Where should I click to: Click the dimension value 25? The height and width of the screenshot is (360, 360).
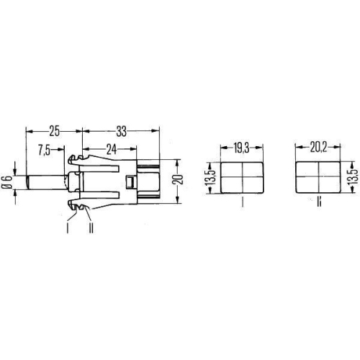[54, 131]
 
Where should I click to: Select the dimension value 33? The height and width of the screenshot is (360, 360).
[120, 131]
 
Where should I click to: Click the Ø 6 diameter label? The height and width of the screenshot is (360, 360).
[7, 183]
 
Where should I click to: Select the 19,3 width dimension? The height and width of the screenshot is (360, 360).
[241, 148]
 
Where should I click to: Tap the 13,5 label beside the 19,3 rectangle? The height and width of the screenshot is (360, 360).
[210, 176]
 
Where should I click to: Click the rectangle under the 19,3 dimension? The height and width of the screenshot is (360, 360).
[242, 176]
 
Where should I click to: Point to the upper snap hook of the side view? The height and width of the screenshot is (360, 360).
[75, 159]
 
